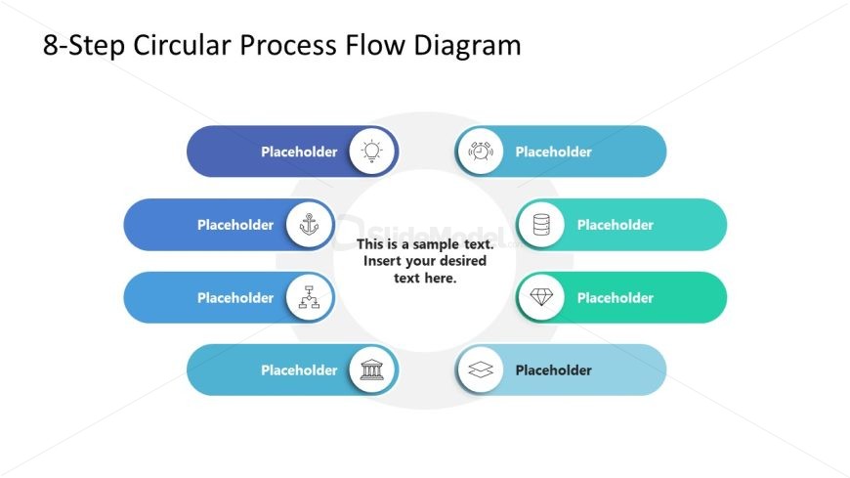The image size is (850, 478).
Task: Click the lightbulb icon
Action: pos(372,152)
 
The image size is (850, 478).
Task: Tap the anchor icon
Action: pos(310,225)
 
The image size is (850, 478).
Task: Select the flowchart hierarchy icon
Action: pos(310,297)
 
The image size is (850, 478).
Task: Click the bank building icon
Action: pos(372,370)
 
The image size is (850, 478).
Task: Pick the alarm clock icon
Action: pos(480,152)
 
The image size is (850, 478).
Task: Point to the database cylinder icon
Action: pos(541,225)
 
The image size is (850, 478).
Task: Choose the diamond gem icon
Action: pos(541,297)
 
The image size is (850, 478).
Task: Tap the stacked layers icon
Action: pos(480,370)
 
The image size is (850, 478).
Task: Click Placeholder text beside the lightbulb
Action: pos(299,152)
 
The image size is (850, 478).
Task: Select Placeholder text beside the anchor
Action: pos(235,225)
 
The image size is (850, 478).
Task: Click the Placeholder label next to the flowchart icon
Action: pos(235,298)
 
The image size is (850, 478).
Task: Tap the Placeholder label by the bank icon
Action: pos(299,370)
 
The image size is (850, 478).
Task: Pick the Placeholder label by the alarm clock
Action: pos(554,152)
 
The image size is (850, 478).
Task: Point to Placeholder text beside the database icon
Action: pos(616,225)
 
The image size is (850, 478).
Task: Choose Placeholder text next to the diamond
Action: pos(616,298)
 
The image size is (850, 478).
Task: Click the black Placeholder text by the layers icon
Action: pos(554,370)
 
